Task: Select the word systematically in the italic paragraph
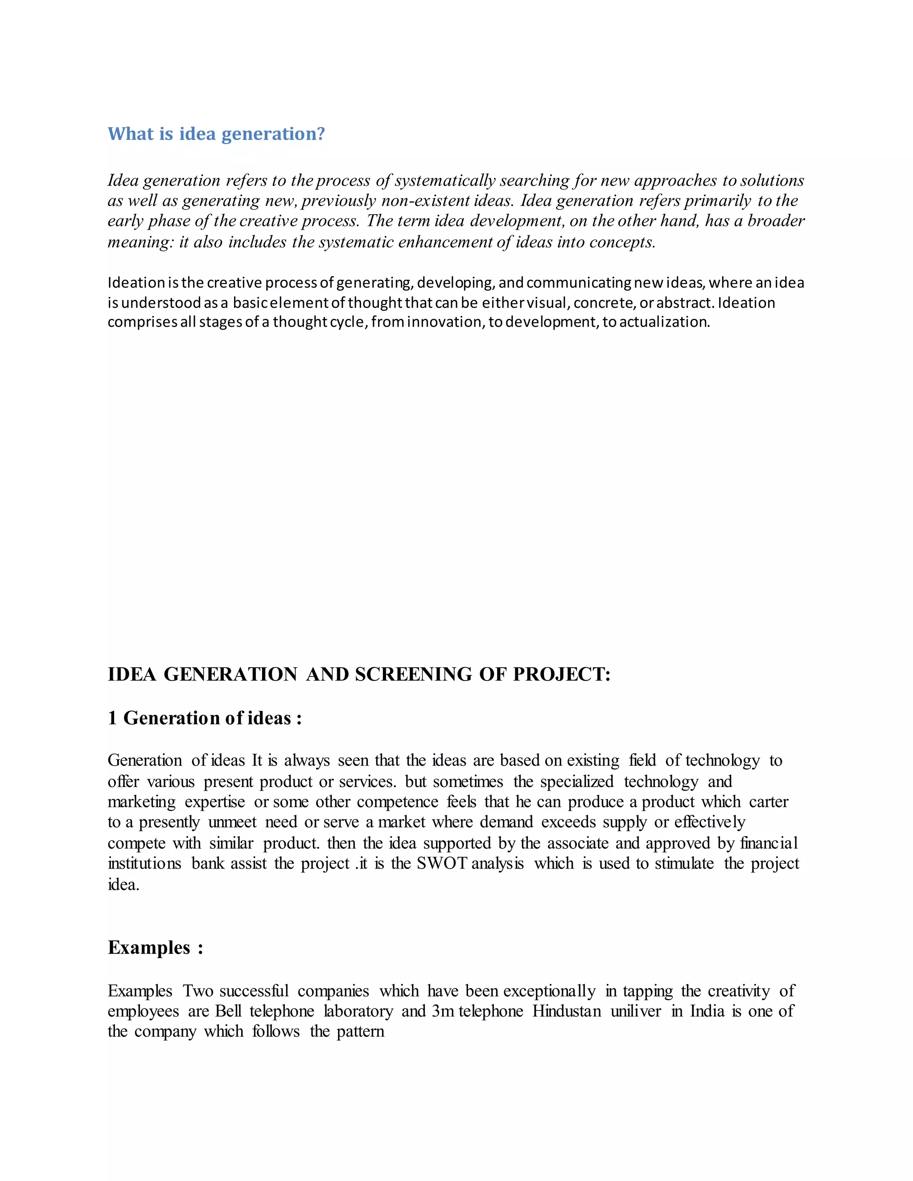445,180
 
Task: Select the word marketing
141,802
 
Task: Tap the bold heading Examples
149,948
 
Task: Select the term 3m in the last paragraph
442,1011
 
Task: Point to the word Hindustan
566,1011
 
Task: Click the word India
707,1011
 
